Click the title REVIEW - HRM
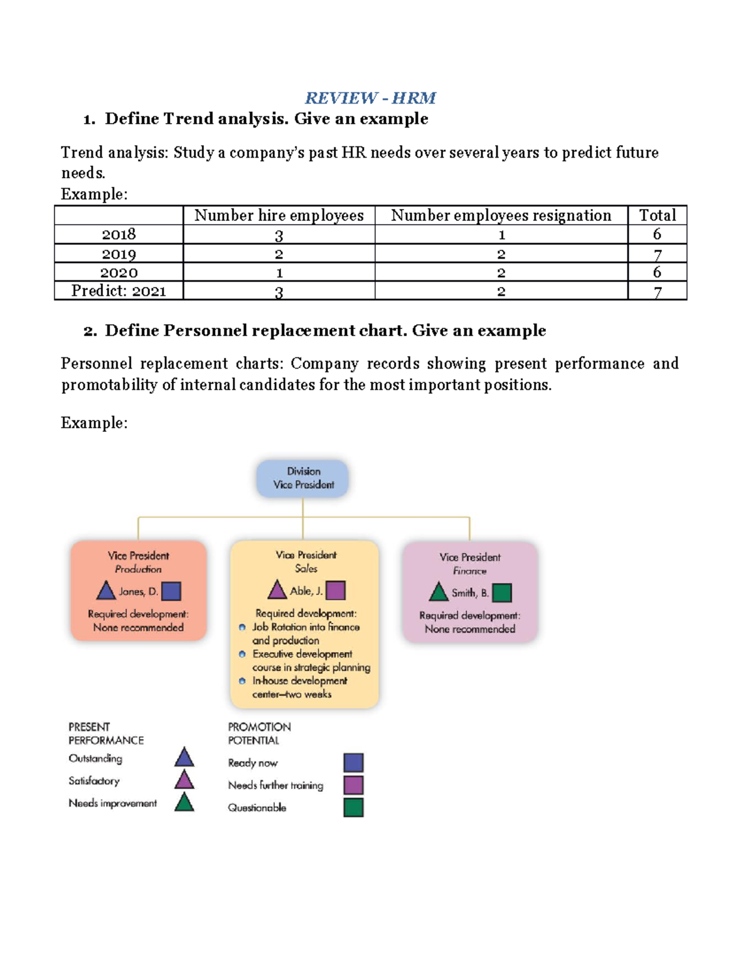370,98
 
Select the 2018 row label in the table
119,234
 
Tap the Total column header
657,215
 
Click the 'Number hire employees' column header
279,215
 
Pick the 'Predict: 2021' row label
119,291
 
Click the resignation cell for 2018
501,235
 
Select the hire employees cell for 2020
279,272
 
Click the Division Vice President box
303,478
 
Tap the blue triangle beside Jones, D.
106,591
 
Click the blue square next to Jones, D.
171,591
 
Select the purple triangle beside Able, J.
277,590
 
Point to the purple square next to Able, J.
336,590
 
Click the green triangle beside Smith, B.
439,593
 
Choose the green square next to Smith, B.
502,593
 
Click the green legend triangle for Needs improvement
184,803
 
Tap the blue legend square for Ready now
354,763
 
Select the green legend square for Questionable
354,807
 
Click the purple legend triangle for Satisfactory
184,780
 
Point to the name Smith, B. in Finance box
470,593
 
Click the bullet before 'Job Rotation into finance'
242,627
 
